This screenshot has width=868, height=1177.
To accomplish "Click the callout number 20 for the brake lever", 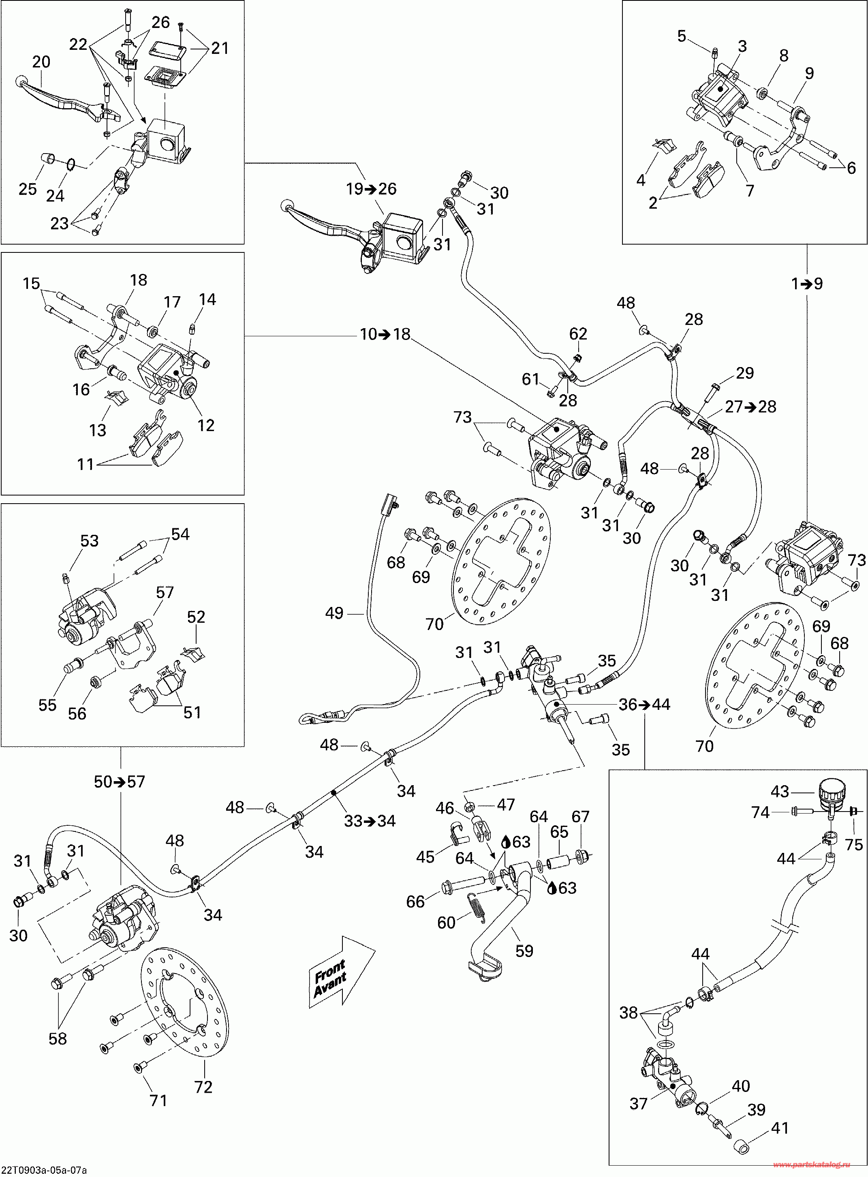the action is click(41, 62).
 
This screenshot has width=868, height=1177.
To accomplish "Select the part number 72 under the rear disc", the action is click(203, 1087).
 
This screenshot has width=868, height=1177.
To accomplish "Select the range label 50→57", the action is click(119, 782).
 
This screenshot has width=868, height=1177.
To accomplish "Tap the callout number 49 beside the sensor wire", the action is click(334, 613).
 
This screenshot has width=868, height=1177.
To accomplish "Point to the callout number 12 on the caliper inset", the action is click(205, 425).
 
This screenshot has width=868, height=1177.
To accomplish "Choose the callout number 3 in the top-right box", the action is click(742, 46).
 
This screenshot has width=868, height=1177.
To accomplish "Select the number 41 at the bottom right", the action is click(780, 1128).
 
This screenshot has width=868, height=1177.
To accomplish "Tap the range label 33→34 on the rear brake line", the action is click(370, 820).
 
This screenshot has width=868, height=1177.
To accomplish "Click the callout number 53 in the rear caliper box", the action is click(89, 540).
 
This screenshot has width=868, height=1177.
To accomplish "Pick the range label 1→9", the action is click(807, 284).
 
